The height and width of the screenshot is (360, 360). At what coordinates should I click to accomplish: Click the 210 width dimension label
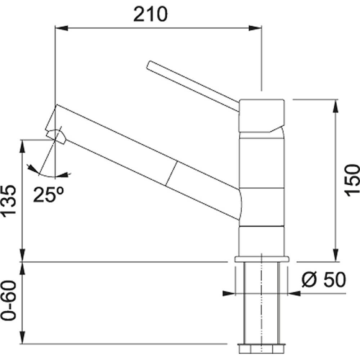pyautogui.click(x=150, y=14)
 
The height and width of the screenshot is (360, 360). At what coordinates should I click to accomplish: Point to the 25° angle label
pyautogui.click(x=49, y=194)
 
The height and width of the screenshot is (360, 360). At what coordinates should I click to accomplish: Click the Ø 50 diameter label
pyautogui.click(x=324, y=280)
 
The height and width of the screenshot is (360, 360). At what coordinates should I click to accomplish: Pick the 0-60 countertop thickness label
pyautogui.click(x=9, y=300)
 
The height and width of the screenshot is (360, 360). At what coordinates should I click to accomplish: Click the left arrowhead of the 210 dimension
pyautogui.click(x=62, y=28)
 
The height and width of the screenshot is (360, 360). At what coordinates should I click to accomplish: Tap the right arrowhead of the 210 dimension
pyautogui.click(x=255, y=28)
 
